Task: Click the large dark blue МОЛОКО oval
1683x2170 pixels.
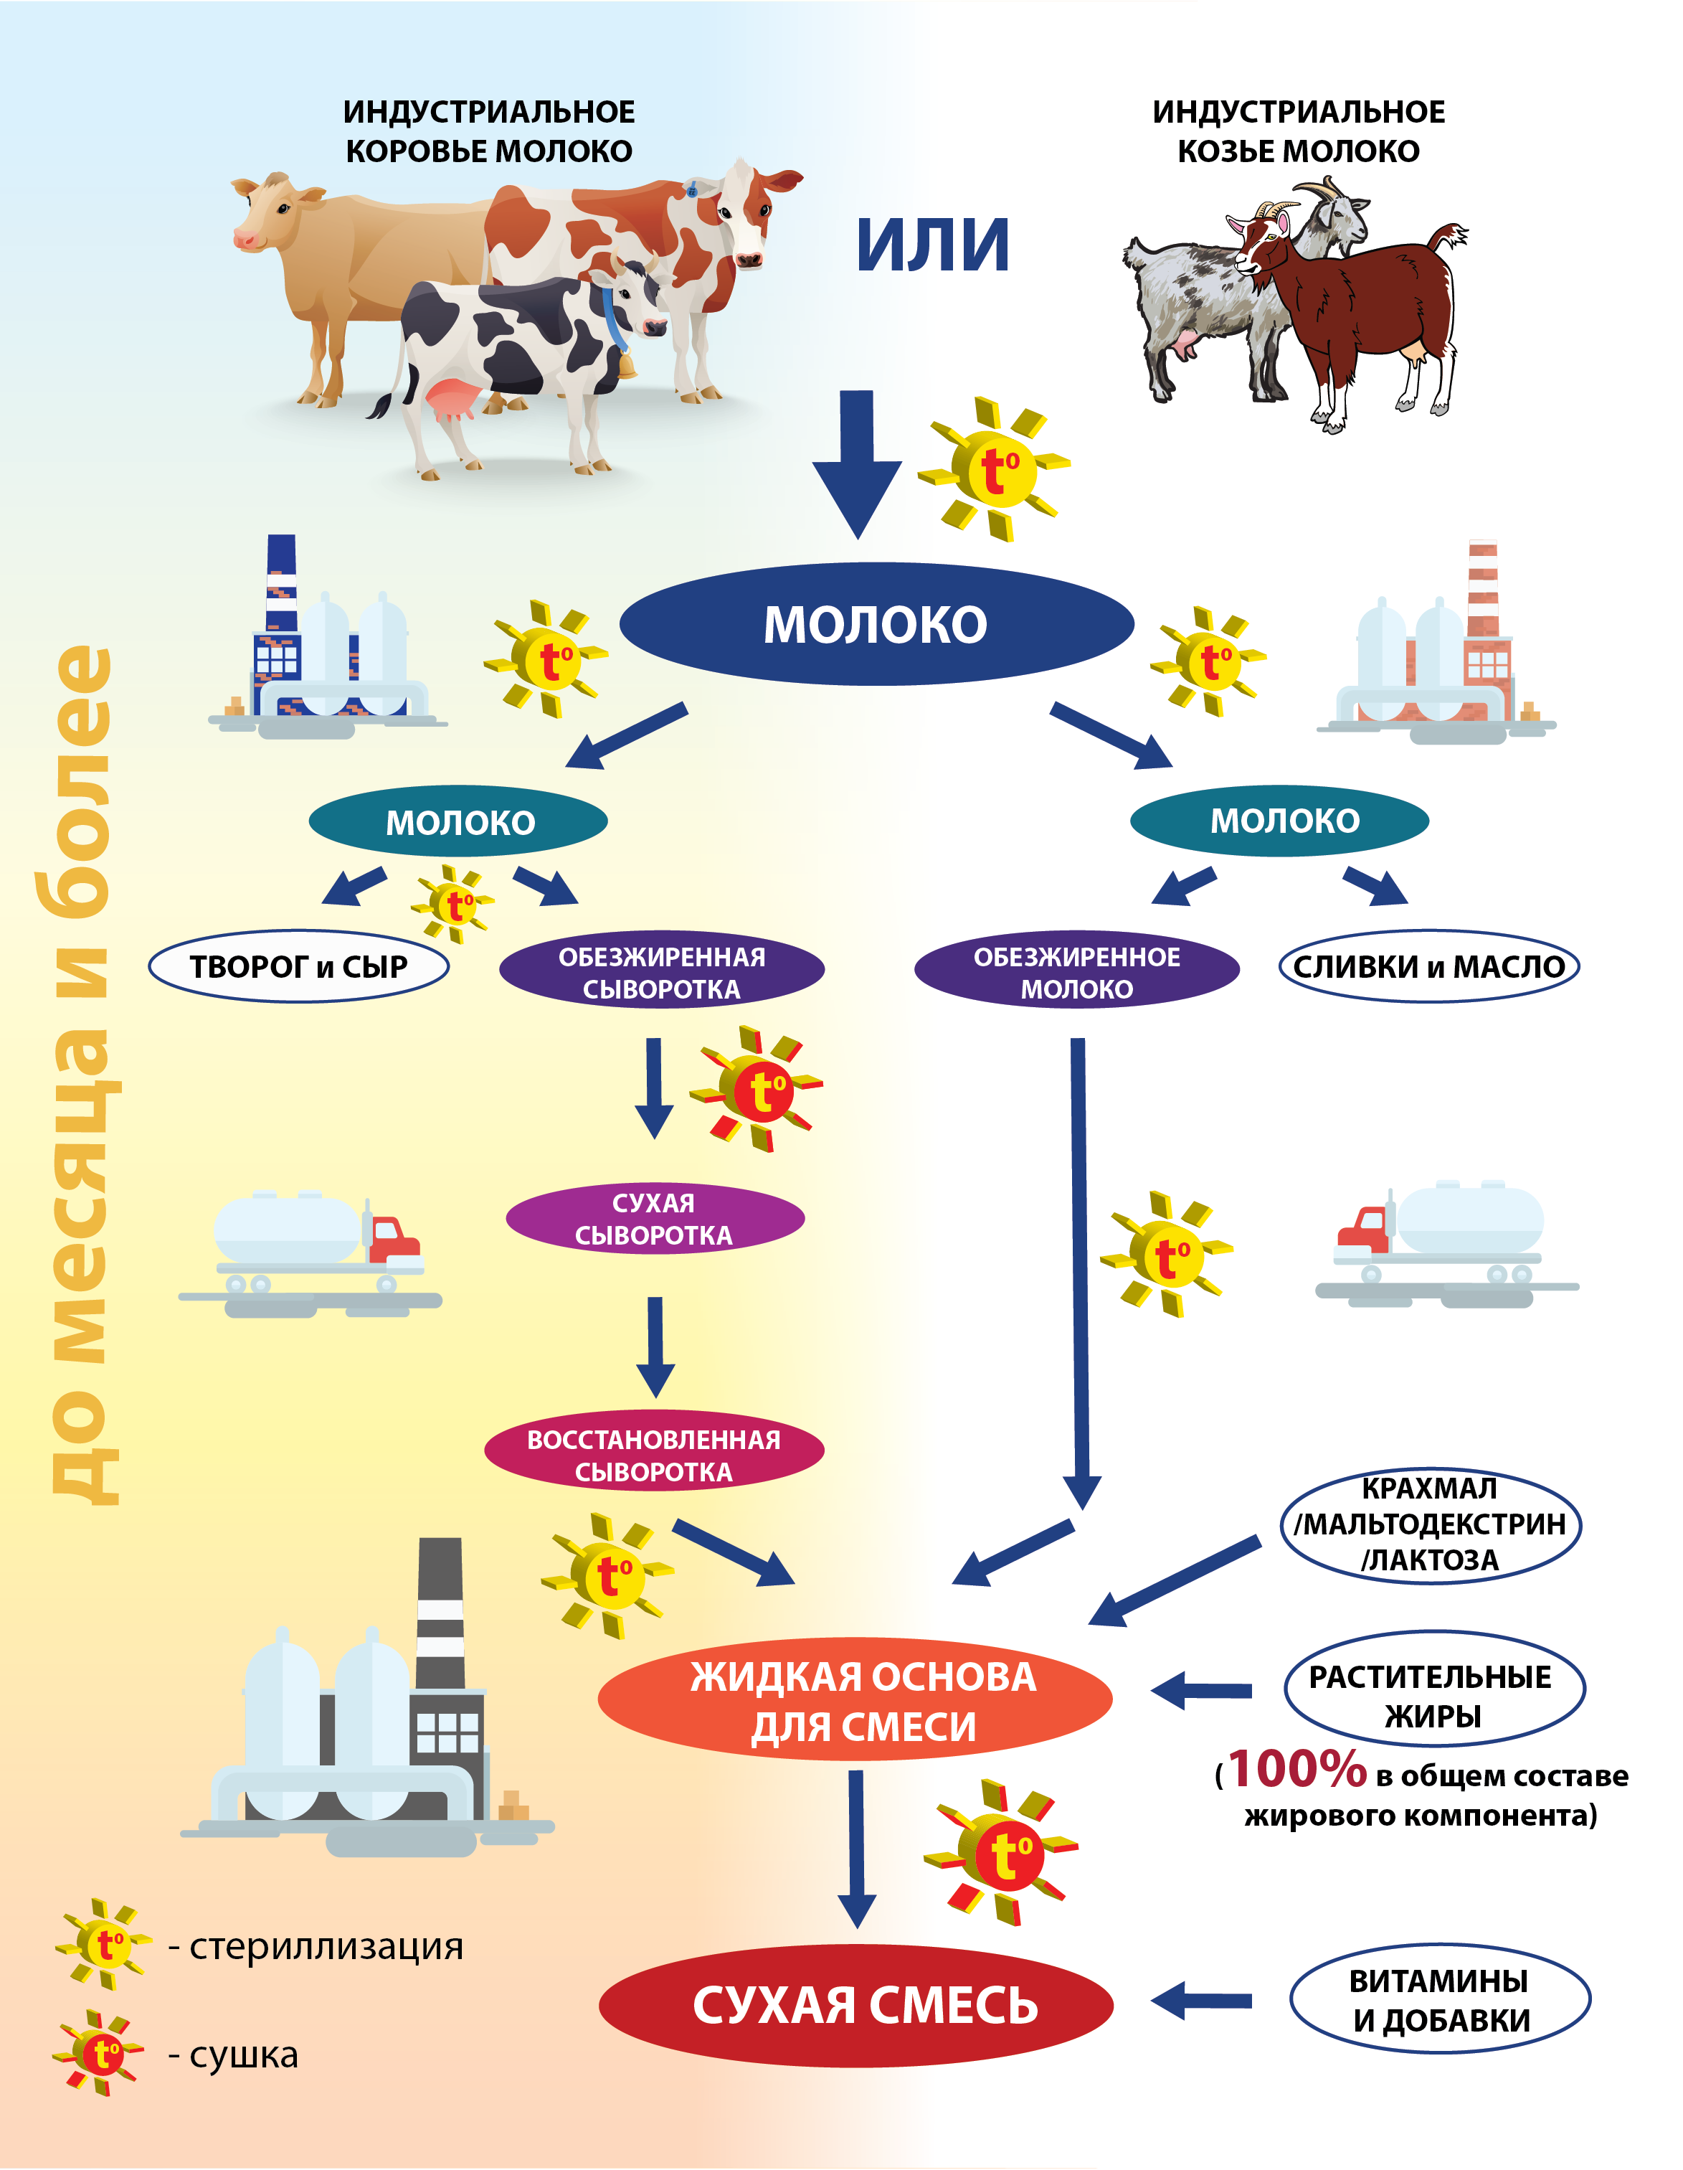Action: pos(876,624)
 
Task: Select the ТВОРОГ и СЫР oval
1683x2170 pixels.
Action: pos(298,966)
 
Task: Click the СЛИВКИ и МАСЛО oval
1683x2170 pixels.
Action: pos(1428,966)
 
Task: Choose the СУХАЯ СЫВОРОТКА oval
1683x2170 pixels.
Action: pos(654,1218)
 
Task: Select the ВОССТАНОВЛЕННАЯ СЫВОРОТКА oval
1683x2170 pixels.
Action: pos(654,1455)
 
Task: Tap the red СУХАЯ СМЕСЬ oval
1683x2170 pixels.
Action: pos(856,2005)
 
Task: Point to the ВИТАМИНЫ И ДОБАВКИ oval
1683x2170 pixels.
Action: pos(1440,2000)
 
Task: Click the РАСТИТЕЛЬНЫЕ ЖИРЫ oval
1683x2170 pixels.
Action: pos(1433,1694)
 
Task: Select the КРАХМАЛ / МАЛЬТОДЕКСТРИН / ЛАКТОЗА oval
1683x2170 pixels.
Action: pos(1430,1524)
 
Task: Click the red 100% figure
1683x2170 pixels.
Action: pos(1297,1768)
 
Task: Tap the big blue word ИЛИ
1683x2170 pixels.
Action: pos(932,245)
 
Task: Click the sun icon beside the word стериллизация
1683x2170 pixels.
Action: pos(104,1945)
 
